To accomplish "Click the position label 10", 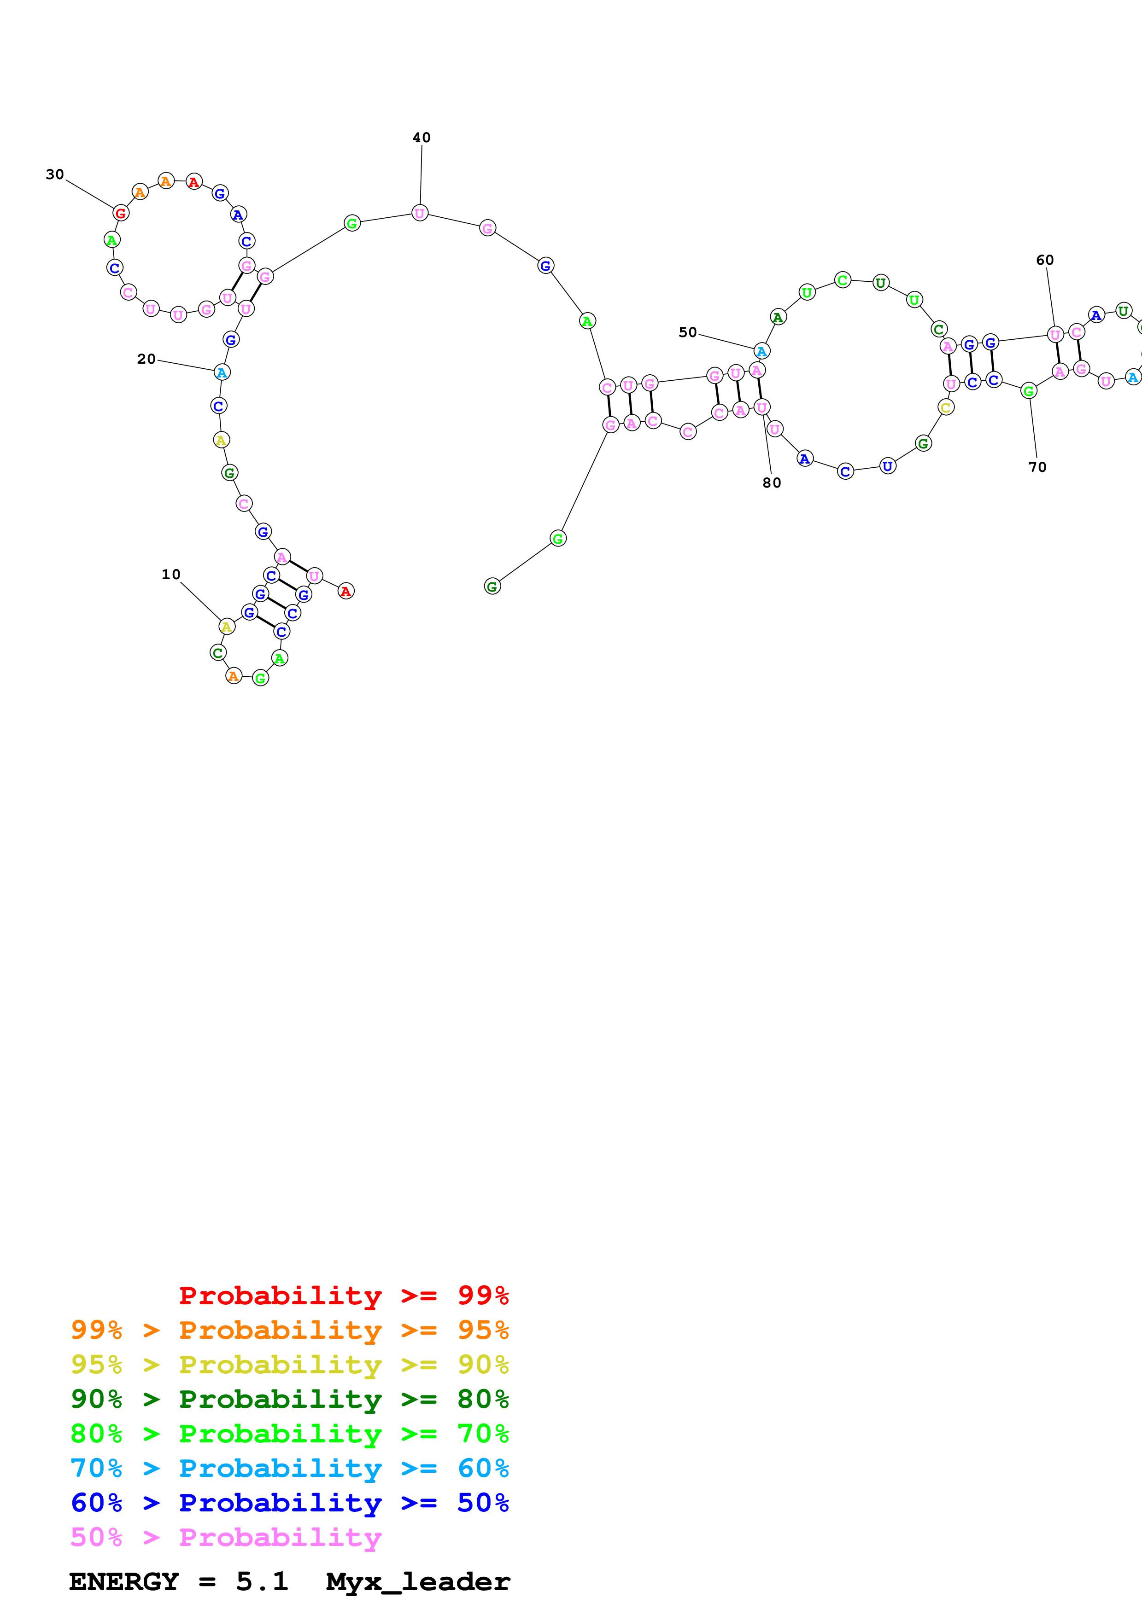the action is click(x=171, y=575).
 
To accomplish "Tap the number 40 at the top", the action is click(x=422, y=138).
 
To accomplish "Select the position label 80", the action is click(x=772, y=482).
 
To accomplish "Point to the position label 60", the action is click(x=1045, y=260).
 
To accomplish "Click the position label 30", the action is click(x=55, y=174).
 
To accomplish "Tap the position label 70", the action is click(x=1037, y=467).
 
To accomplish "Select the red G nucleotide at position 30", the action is click(x=121, y=212).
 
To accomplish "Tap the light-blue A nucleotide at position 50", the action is click(x=761, y=351).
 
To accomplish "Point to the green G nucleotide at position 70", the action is click(x=1029, y=390).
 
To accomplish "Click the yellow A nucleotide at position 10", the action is click(x=226, y=626).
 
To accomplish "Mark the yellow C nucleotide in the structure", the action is click(x=946, y=407).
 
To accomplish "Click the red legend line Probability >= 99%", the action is click(x=343, y=1295).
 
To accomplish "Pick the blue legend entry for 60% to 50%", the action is click(x=289, y=1503).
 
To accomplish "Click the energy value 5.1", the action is click(x=262, y=1581).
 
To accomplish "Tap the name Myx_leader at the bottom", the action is click(x=418, y=1581).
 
